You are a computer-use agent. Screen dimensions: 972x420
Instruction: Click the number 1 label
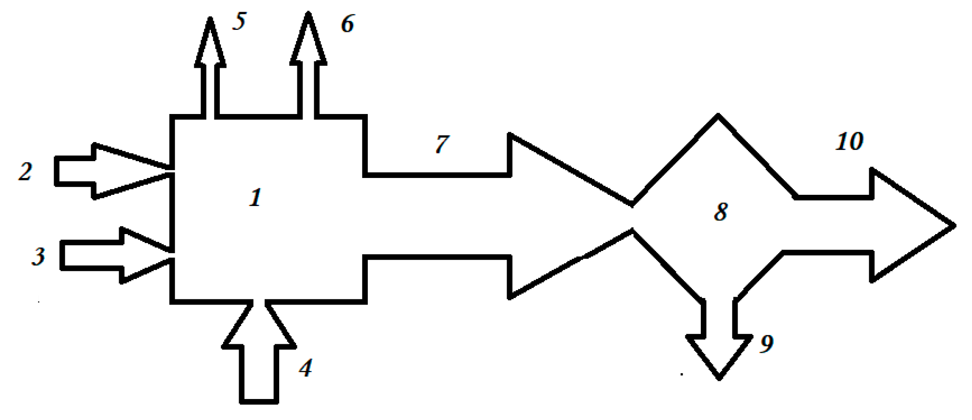(255, 198)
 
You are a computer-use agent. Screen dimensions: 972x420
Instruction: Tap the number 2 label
(25, 171)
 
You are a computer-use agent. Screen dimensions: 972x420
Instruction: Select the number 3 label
(38, 256)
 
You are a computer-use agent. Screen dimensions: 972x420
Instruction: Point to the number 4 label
(305, 368)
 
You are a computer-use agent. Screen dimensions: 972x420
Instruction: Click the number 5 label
(239, 21)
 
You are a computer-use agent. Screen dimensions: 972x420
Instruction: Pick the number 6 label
(347, 24)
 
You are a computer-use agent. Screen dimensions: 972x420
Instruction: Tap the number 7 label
(442, 144)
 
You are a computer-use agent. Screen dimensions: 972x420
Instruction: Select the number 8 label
(720, 212)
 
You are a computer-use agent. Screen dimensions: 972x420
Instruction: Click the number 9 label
(767, 344)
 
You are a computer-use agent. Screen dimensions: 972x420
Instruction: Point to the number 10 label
(849, 141)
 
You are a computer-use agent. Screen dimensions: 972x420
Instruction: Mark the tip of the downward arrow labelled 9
(719, 377)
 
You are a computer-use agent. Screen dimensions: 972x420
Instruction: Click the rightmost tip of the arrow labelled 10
(954, 225)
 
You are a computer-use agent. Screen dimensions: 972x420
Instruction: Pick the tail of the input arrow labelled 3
(63, 256)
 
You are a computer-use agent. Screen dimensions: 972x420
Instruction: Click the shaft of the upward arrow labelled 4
(259, 374)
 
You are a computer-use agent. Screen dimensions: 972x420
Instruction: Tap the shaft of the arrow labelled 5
(210, 91)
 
